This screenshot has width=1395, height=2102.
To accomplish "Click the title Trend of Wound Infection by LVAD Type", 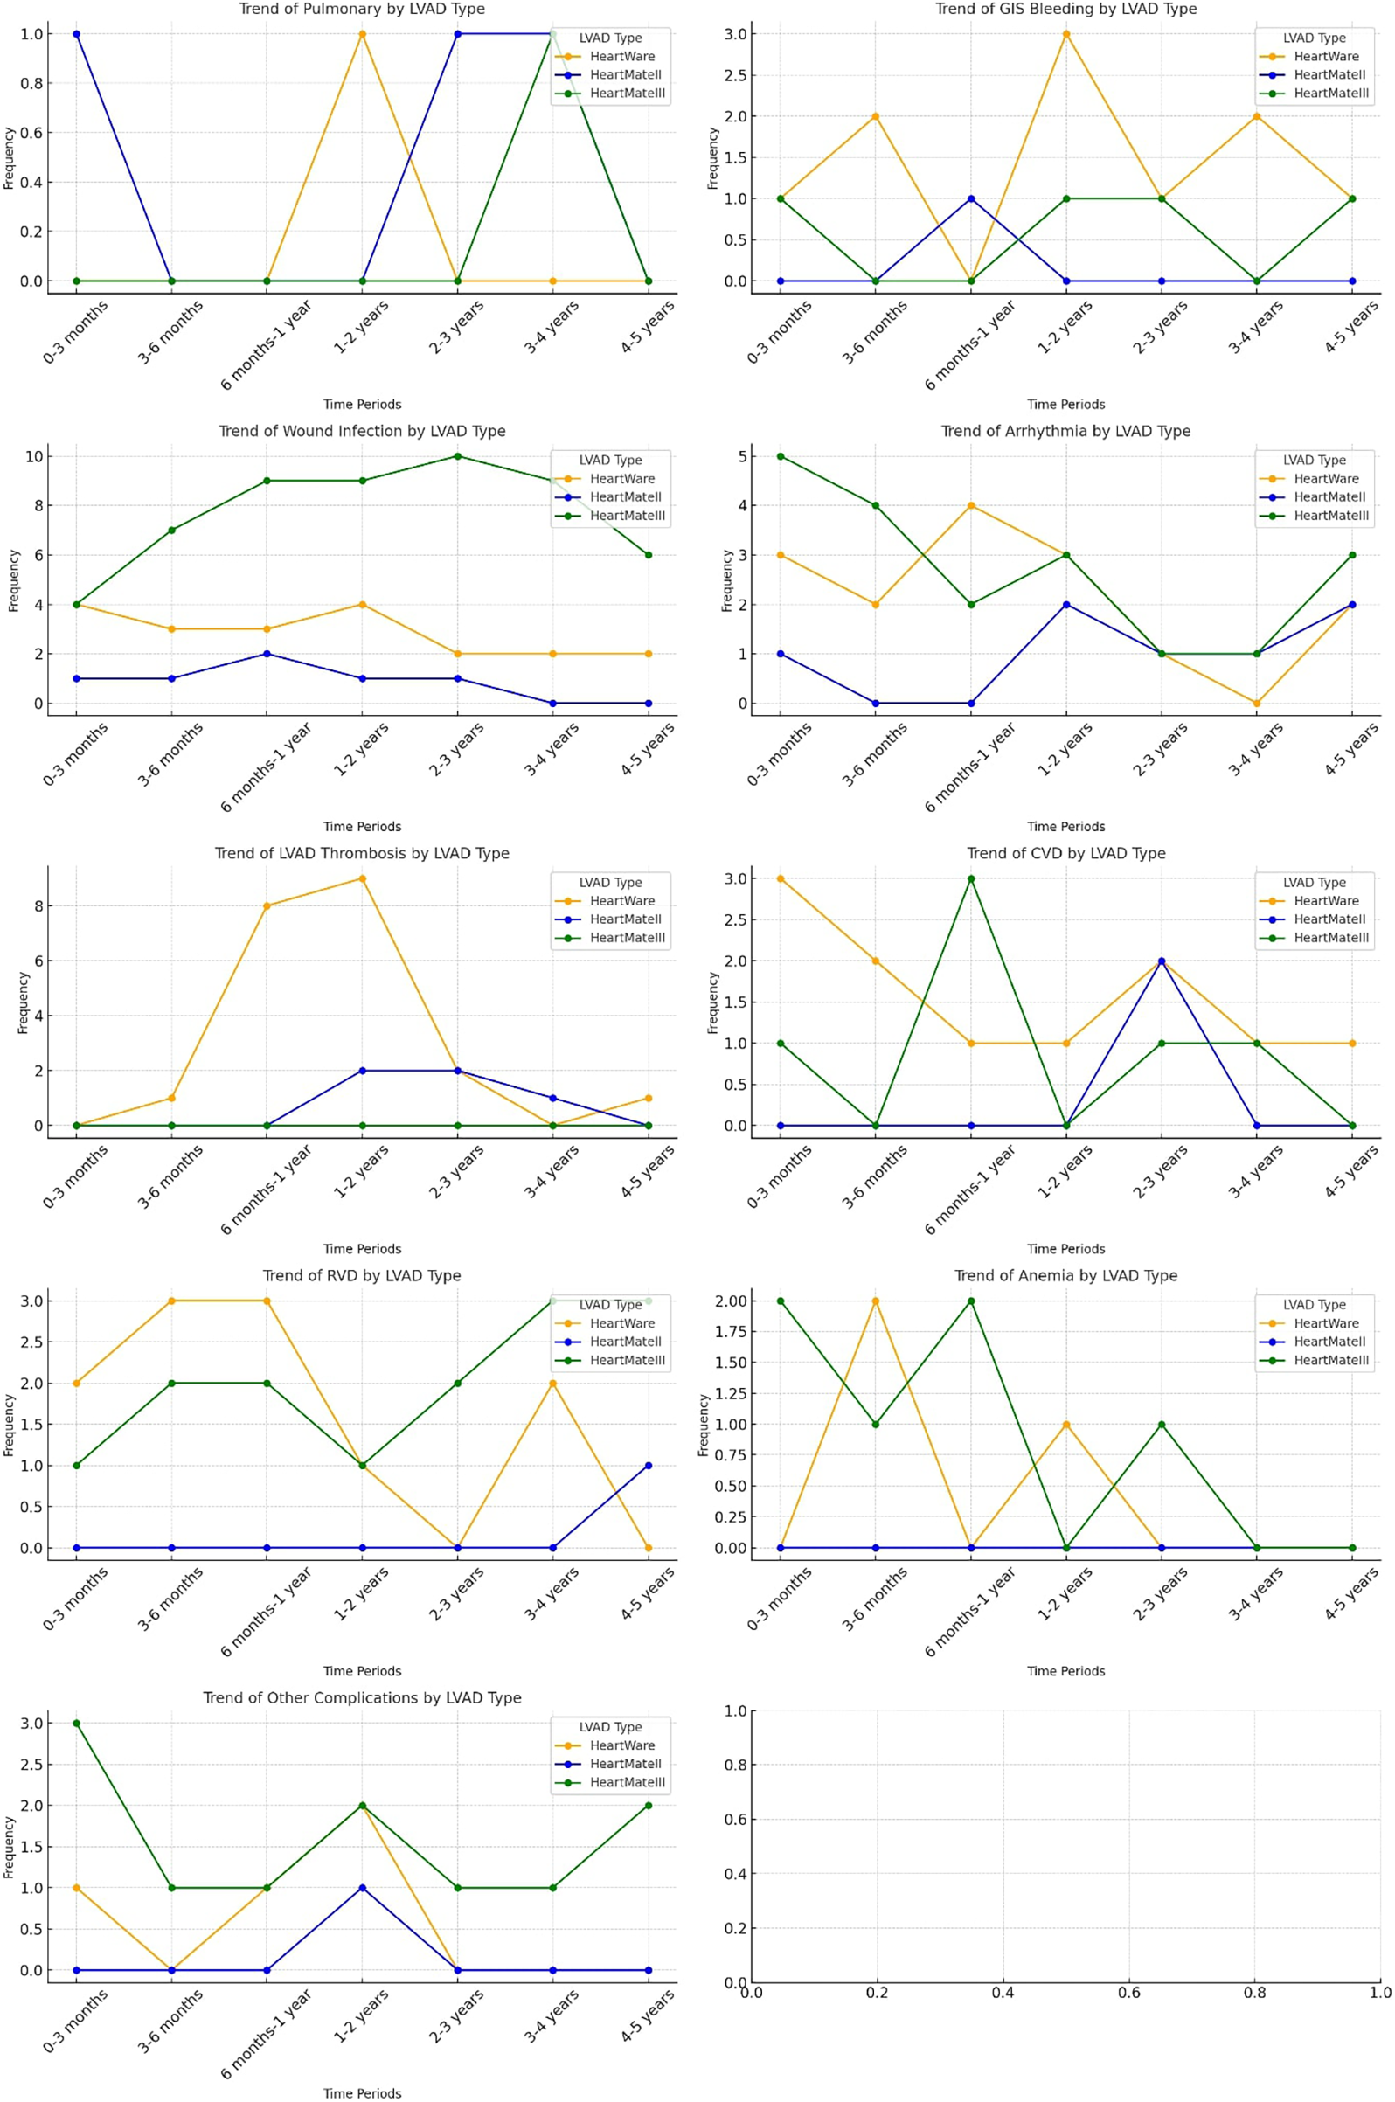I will click(362, 431).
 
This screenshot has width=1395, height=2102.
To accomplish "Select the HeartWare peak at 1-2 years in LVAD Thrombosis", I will click(362, 879).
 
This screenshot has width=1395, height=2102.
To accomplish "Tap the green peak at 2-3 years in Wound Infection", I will click(457, 456).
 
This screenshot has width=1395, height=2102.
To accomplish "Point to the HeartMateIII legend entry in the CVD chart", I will click(1330, 938).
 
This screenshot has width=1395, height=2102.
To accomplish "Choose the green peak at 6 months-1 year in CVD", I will click(970, 879).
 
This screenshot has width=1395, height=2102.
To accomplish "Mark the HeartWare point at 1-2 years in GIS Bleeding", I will click(1065, 34).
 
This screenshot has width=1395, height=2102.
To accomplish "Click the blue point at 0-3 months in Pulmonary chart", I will click(77, 34).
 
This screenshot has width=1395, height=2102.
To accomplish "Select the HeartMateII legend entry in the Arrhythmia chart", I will click(1329, 497).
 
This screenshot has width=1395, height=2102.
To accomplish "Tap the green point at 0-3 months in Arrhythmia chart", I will click(781, 456).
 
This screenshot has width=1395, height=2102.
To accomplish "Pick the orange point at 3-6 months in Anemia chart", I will click(876, 1301).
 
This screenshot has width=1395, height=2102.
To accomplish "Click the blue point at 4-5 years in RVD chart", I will click(648, 1465).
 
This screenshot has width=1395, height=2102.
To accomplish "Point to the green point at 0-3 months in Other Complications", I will click(77, 1723).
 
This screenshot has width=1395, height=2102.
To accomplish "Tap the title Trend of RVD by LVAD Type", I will click(362, 1275).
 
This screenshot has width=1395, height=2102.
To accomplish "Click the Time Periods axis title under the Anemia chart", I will click(1065, 1670).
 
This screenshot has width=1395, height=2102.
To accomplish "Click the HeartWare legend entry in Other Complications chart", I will click(621, 1745).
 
